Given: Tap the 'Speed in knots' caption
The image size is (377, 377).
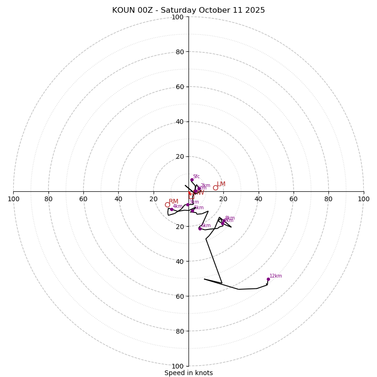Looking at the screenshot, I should pyautogui.click(x=188, y=373).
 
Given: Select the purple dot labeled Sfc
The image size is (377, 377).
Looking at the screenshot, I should pyautogui.click(x=192, y=180).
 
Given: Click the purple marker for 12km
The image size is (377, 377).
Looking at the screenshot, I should pyautogui.click(x=268, y=279).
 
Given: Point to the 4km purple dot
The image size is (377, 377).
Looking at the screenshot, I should pyautogui.click(x=172, y=209).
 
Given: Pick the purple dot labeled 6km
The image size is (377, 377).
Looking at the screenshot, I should pyautogui.click(x=200, y=229).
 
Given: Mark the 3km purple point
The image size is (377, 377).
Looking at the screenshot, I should pyautogui.click(x=188, y=205).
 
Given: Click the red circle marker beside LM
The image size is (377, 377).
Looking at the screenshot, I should pyautogui.click(x=215, y=188).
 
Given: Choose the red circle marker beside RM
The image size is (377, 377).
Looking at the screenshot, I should pyautogui.click(x=167, y=205).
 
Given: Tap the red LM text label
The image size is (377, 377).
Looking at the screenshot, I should pyautogui.click(x=221, y=184).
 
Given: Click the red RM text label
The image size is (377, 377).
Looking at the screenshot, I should pyautogui.click(x=173, y=202).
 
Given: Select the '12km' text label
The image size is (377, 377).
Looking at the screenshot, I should pyautogui.click(x=276, y=276).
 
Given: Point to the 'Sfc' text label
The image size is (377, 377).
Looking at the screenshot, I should pyautogui.click(x=197, y=177).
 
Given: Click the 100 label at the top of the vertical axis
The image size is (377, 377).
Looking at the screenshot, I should pyautogui.click(x=178, y=17).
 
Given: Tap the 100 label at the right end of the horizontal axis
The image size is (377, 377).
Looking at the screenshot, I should pyautogui.click(x=363, y=199).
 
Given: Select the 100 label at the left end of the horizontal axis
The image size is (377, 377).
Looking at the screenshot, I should pyautogui.click(x=14, y=199).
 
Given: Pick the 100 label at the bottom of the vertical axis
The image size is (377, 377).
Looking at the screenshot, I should pyautogui.click(x=178, y=366).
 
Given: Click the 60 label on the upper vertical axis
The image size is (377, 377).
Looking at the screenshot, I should pyautogui.click(x=180, y=87).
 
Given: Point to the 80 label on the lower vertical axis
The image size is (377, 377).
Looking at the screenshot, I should pyautogui.click(x=180, y=331).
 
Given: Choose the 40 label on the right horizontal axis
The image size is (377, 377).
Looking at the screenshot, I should pyautogui.click(x=258, y=199).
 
